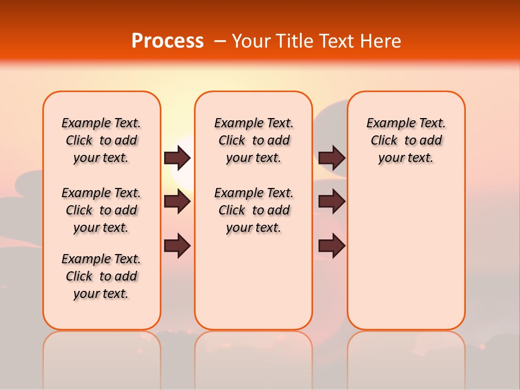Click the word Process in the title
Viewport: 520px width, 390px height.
167,41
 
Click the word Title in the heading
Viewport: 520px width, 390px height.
296,41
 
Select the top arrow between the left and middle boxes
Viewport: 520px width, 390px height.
177,158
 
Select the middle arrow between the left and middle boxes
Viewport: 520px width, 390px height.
177,202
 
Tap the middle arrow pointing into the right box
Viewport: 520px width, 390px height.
331,202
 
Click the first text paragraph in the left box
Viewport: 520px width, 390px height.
101,140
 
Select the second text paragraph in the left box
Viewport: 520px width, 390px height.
101,210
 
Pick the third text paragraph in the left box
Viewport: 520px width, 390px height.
101,276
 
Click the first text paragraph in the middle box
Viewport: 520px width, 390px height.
253,140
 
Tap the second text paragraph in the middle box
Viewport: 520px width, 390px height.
253,210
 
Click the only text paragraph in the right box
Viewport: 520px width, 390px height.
406,140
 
